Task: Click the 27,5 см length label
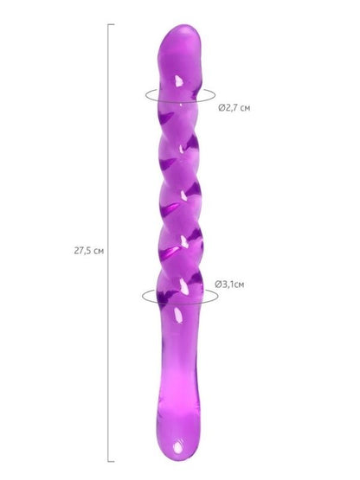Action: [x=89, y=251]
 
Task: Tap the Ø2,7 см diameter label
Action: [x=234, y=108]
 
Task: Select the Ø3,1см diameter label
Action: [x=229, y=285]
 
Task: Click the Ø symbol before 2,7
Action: [x=222, y=108]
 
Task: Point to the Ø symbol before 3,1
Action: [x=218, y=285]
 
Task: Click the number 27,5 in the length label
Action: [x=82, y=251]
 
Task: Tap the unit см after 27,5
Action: [x=99, y=252]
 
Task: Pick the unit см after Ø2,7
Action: [x=245, y=108]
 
